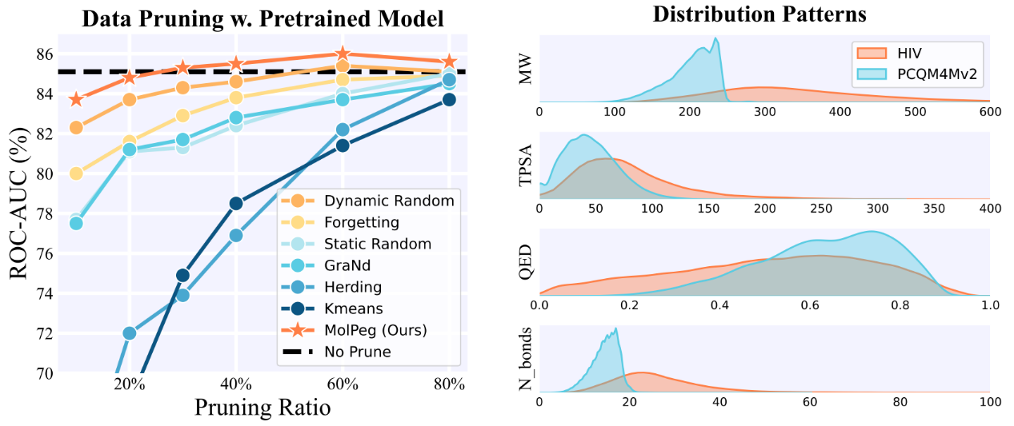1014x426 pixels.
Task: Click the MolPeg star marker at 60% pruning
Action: coord(343,55)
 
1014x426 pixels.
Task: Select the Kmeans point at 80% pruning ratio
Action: coord(449,99)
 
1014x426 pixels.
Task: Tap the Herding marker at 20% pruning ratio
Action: coord(129,332)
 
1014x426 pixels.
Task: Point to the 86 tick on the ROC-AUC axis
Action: coord(42,54)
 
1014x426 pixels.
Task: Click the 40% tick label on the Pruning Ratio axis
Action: coord(235,384)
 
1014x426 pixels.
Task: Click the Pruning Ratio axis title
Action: coord(263,408)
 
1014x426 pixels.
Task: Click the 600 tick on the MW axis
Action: coord(989,113)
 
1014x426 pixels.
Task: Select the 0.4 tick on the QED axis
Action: coord(719,305)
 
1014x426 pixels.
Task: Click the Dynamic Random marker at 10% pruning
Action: coord(76,127)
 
